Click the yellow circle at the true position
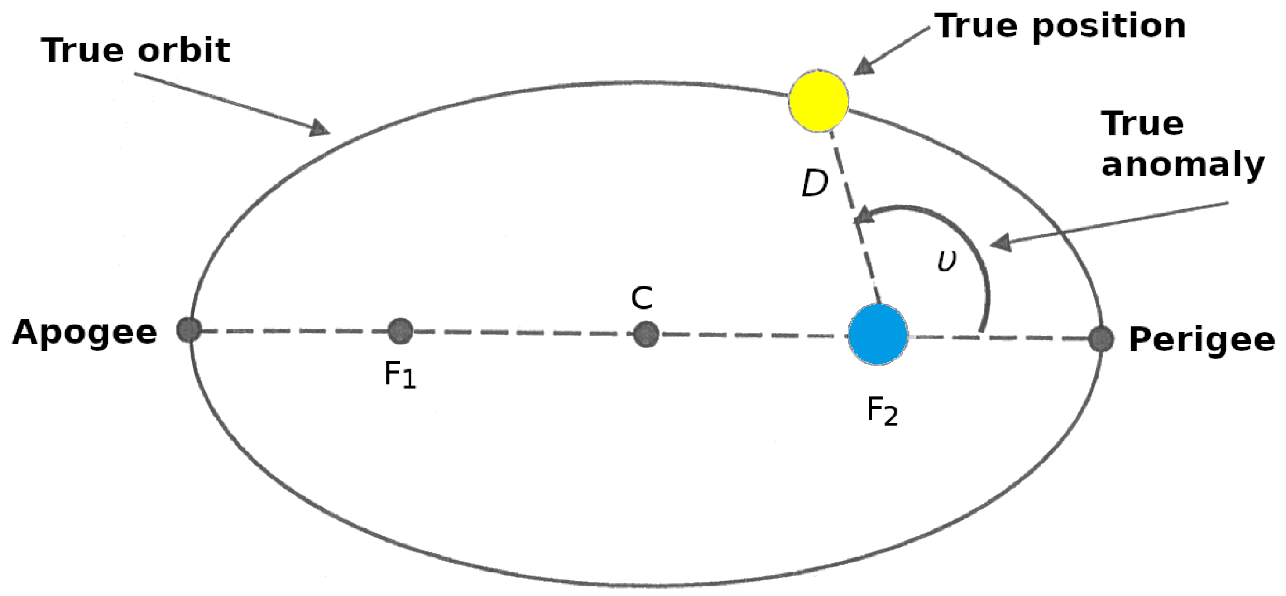pos(819,101)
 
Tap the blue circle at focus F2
pos(878,334)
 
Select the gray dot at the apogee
pos(189,329)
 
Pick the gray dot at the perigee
pos(1101,339)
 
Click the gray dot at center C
pos(646,334)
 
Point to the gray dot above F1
pos(400,331)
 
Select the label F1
pos(400,375)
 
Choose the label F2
pos(882,412)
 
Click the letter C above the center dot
pos(642,298)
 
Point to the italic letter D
pos(815,184)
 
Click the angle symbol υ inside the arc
pos(946,260)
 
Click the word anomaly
pos(1182,165)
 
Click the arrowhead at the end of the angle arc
pos(864,217)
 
